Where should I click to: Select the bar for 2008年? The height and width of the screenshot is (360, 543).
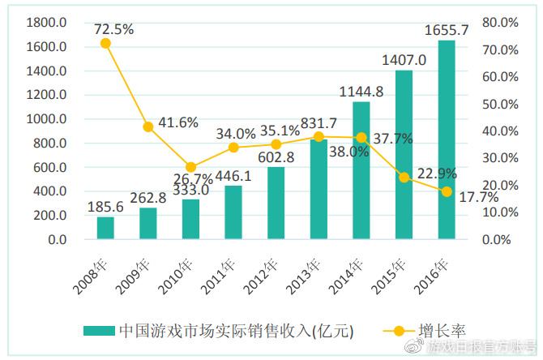click(x=105, y=229)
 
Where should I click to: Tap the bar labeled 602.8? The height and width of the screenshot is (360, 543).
click(x=276, y=204)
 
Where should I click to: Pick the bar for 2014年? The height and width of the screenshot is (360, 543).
click(x=361, y=170)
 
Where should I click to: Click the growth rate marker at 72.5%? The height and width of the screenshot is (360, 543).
click(x=105, y=43)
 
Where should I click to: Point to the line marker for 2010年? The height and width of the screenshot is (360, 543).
click(x=190, y=167)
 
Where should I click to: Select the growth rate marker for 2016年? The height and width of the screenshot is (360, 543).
click(x=447, y=191)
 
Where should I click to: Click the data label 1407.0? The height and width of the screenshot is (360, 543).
click(x=404, y=59)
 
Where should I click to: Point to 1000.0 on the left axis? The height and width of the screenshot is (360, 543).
click(x=45, y=119)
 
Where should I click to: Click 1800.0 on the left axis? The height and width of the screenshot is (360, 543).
click(x=45, y=23)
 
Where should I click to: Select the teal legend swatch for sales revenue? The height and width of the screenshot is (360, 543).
click(x=97, y=331)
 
